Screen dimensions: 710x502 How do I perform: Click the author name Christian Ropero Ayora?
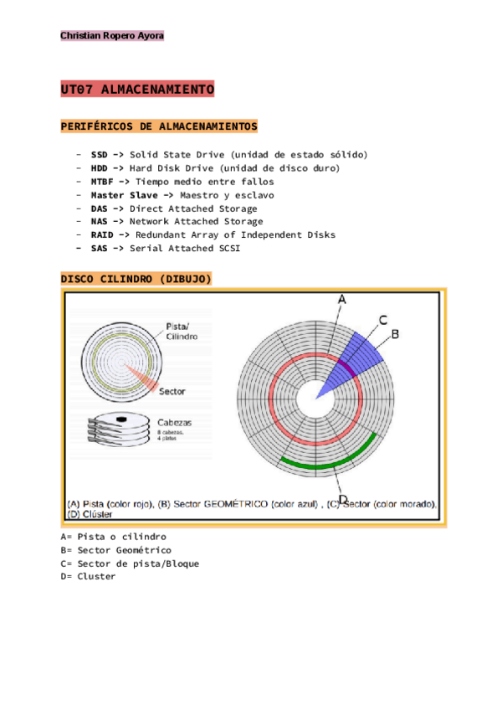[x=111, y=36]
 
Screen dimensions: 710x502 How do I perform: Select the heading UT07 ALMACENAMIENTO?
[x=138, y=90]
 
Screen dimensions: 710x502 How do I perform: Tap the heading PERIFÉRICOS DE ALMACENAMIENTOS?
[x=159, y=126]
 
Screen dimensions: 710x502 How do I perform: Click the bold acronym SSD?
[x=100, y=155]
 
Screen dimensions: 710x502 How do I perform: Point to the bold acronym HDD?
[x=100, y=168]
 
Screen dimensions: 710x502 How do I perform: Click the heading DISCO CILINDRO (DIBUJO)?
[x=136, y=279]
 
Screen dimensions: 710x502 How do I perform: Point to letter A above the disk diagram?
[x=341, y=300]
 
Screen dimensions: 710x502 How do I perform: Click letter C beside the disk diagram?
[x=382, y=320]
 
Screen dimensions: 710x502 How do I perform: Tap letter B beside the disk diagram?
[x=395, y=333]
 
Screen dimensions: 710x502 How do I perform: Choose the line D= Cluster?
[x=89, y=577]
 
